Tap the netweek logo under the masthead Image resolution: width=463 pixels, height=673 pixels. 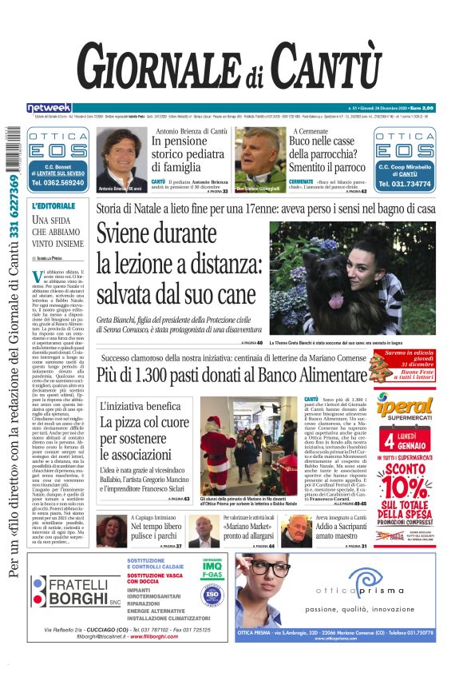coord(49,107)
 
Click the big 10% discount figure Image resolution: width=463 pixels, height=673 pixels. coord(406,487)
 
